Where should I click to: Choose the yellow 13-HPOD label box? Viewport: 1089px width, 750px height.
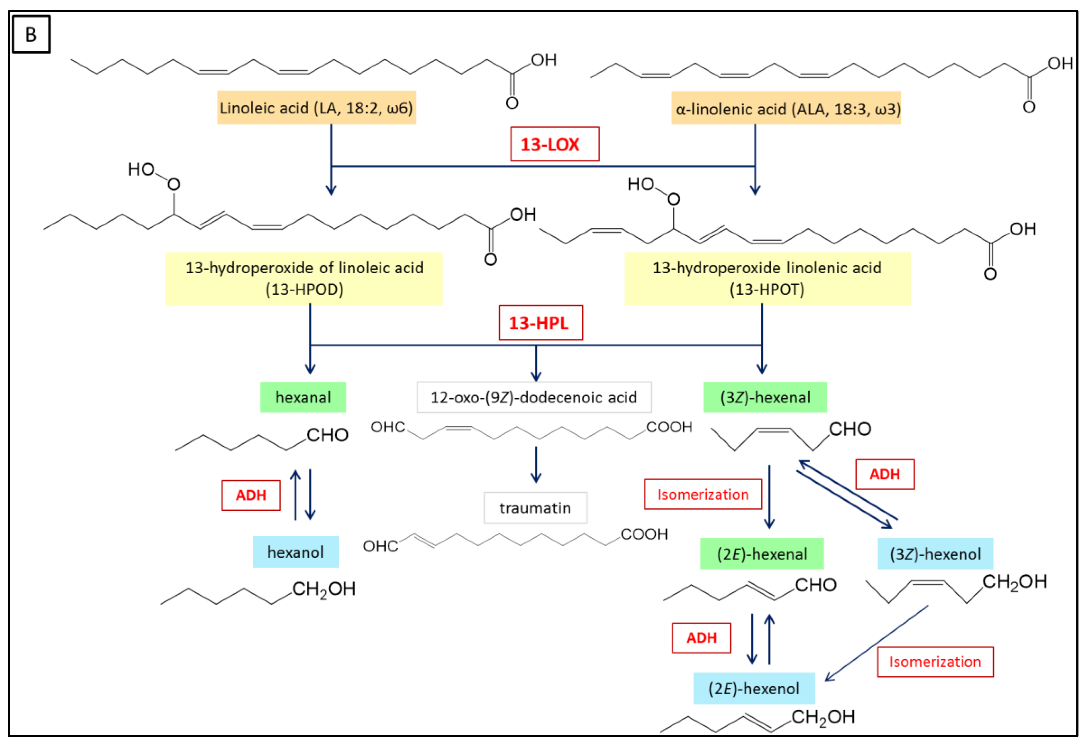304,278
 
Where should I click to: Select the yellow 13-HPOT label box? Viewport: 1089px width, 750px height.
767,278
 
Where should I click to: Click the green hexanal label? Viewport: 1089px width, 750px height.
303,397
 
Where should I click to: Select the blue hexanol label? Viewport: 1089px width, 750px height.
295,552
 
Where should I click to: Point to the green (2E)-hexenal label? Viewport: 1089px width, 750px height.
762,553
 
